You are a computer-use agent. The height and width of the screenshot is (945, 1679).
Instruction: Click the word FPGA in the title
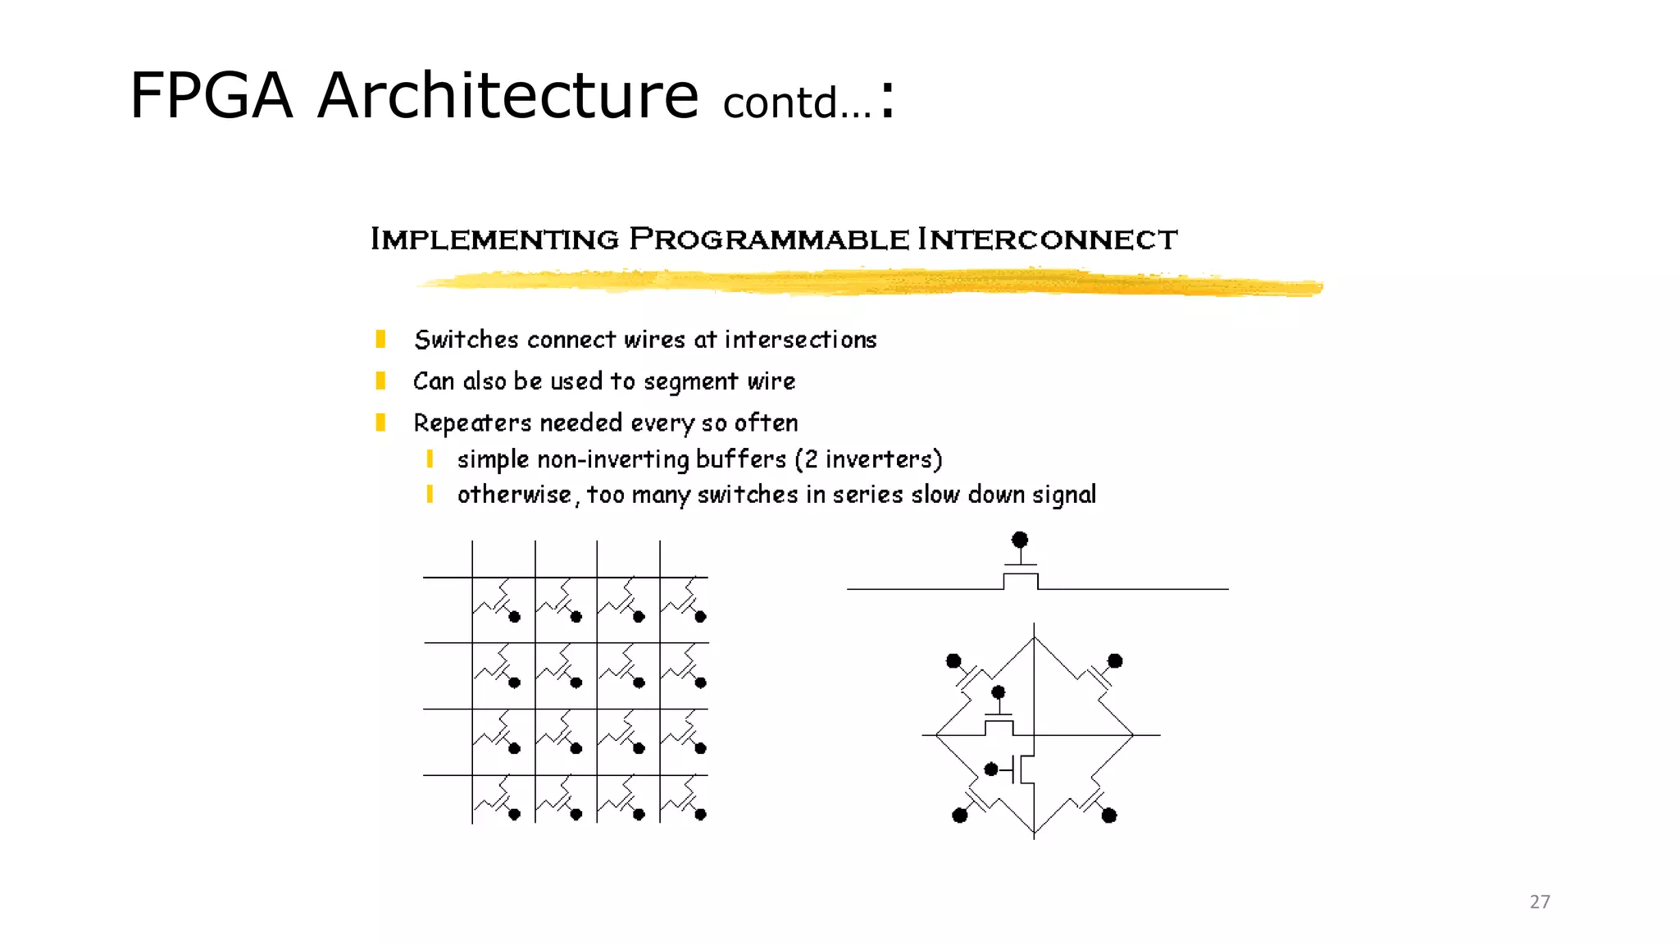tap(211, 96)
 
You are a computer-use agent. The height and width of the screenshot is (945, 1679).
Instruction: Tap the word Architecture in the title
tap(507, 96)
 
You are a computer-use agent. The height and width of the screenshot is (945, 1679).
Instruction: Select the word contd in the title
tap(780, 103)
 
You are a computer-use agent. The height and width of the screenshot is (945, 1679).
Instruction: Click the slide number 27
tap(1540, 902)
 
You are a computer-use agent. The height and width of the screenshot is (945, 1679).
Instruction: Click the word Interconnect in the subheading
tap(1047, 240)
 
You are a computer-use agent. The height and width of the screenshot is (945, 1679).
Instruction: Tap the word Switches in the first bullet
tap(466, 340)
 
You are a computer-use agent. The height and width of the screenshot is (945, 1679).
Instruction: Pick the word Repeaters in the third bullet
tap(472, 423)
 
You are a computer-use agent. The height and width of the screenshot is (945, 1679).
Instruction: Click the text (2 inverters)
tap(869, 459)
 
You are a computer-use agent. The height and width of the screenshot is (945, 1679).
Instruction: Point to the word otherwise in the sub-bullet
tap(514, 495)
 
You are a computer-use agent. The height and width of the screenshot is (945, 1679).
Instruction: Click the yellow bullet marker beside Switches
tap(380, 340)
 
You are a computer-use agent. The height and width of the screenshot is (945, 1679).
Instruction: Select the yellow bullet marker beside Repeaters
tap(380, 422)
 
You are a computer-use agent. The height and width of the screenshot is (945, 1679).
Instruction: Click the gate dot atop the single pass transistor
tap(1020, 540)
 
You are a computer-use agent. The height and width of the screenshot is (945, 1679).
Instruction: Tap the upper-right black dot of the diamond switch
tap(1115, 661)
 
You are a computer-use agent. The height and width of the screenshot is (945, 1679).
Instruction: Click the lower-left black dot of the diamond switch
tap(960, 815)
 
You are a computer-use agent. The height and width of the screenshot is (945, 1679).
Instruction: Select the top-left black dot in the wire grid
tap(515, 617)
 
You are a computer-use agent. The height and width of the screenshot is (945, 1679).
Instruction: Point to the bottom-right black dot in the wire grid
tap(700, 815)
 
